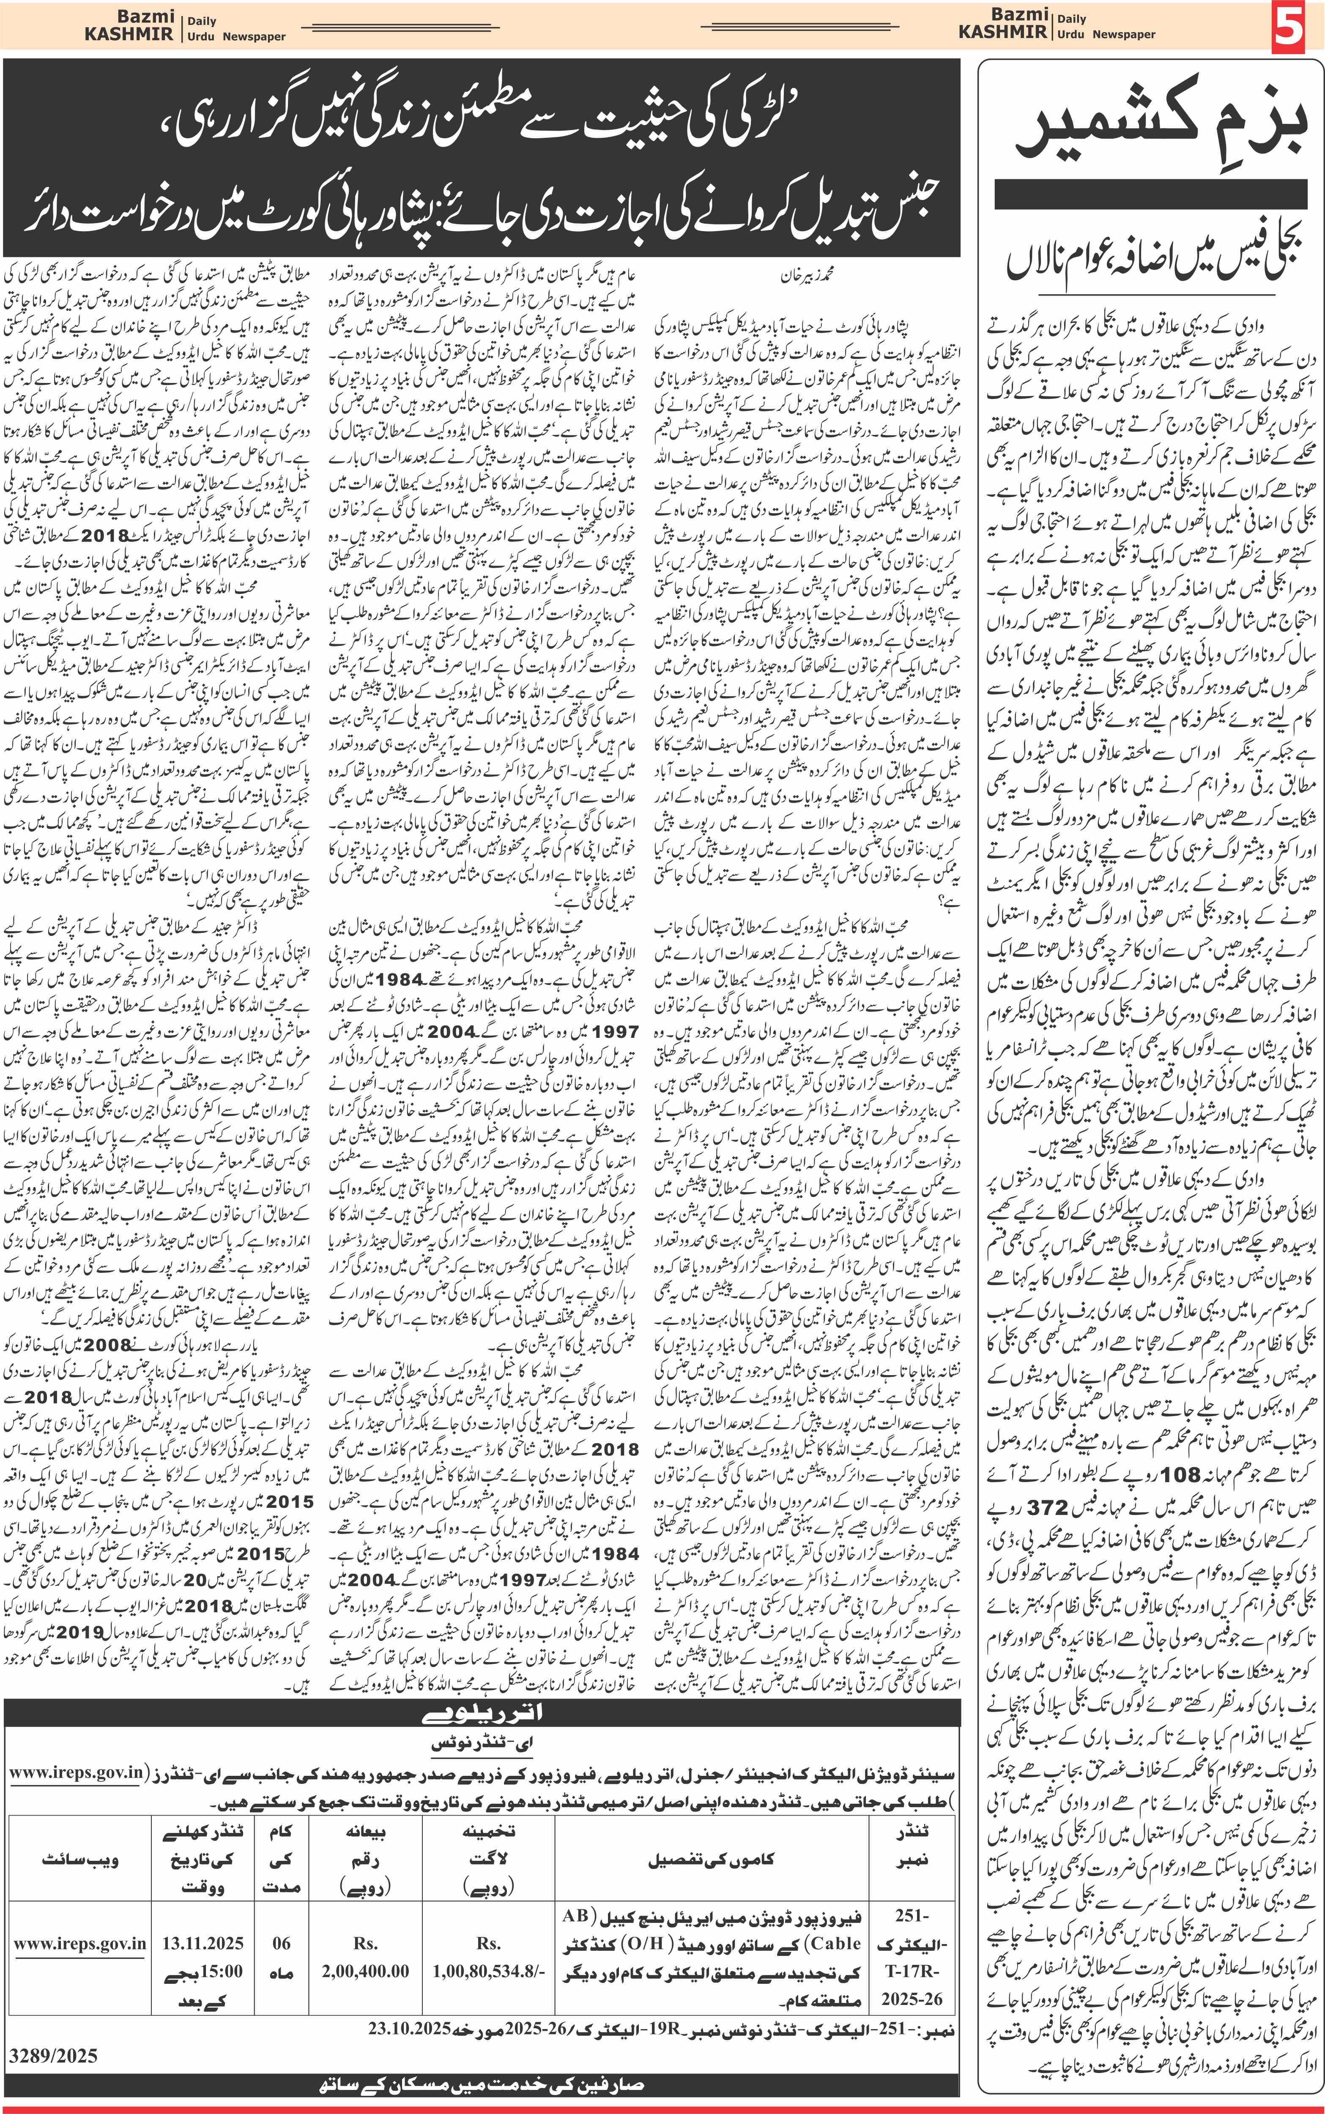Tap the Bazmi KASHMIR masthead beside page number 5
(1003, 24)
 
